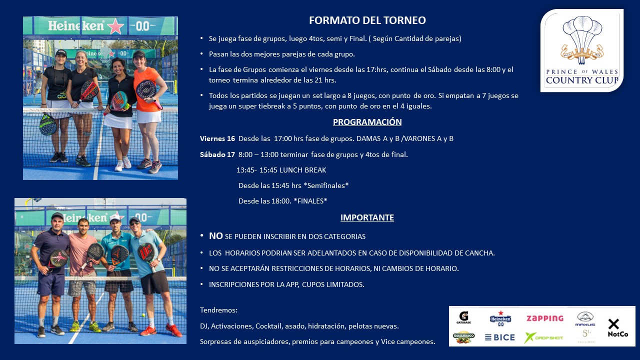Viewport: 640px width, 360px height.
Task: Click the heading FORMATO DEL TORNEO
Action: point(367,20)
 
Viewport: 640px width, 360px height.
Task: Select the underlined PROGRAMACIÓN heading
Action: point(367,122)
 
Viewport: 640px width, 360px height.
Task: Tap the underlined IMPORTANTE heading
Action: point(367,217)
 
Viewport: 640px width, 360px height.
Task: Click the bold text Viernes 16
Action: point(217,138)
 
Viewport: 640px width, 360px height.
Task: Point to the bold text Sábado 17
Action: point(217,154)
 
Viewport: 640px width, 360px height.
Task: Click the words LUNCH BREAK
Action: point(302,170)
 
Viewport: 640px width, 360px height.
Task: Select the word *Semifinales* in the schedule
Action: point(326,185)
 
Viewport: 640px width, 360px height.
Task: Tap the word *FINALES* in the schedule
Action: point(310,201)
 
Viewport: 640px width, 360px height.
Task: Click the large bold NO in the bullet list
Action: point(215,236)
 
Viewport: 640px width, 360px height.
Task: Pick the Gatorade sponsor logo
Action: point(463,317)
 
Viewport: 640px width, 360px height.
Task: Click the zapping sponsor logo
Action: point(545,318)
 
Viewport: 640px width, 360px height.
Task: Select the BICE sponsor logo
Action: point(500,337)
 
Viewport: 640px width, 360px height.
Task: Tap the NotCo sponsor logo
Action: point(617,327)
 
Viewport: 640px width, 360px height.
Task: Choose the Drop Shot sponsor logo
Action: point(543,337)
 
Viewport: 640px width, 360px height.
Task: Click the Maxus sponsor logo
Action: point(585,319)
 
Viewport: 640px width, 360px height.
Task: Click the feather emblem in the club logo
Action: point(582,40)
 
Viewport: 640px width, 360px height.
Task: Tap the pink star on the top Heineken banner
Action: point(115,26)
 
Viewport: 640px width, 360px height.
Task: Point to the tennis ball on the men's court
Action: point(143,315)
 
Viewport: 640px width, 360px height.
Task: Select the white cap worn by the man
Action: point(115,217)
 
